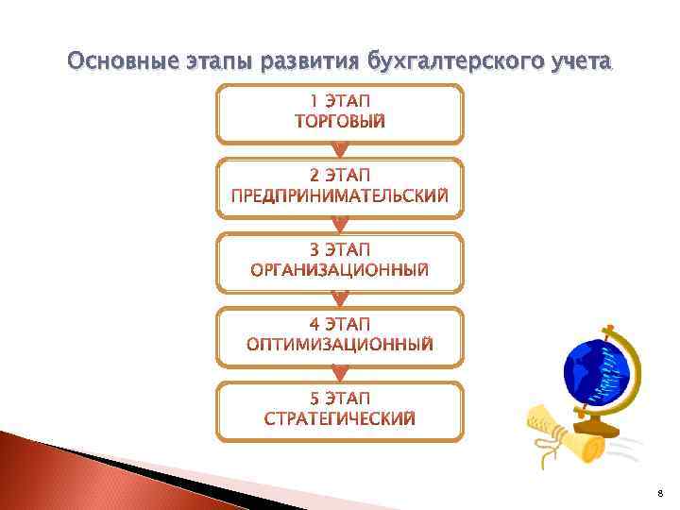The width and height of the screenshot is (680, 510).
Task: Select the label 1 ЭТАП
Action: [340, 101]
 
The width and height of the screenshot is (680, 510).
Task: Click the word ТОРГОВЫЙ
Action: [340, 121]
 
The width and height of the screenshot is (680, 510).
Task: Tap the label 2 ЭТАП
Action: [340, 176]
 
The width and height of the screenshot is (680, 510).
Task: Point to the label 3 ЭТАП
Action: [340, 250]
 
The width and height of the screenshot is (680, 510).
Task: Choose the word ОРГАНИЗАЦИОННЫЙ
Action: [340, 270]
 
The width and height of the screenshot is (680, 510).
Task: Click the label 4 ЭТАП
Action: [340, 325]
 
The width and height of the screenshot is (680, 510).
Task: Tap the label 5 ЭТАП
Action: [340, 399]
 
